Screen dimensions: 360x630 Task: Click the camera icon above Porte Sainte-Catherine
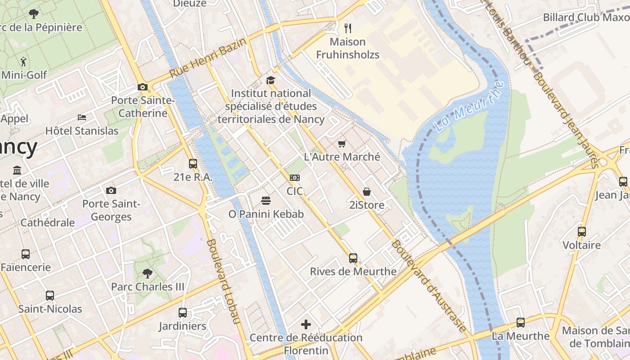pyautogui.click(x=143, y=87)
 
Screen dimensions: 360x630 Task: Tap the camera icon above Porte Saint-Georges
pyautogui.click(x=111, y=190)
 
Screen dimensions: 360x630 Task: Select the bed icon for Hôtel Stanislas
pyautogui.click(x=82, y=117)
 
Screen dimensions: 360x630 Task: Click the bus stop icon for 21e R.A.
pyautogui.click(x=193, y=164)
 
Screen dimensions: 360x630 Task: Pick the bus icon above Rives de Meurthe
pyautogui.click(x=353, y=258)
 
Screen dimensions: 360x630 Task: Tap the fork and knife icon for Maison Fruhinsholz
pyautogui.click(x=347, y=28)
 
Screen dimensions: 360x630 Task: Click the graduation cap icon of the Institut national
pyautogui.click(x=270, y=80)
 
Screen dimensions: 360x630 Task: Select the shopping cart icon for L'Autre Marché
pyautogui.click(x=342, y=144)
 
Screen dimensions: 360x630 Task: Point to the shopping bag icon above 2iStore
pyautogui.click(x=367, y=192)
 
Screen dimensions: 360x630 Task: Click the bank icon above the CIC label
pyautogui.click(x=295, y=178)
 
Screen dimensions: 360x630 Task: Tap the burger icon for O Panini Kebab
pyautogui.click(x=266, y=201)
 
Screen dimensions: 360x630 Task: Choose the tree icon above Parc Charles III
pyautogui.click(x=147, y=273)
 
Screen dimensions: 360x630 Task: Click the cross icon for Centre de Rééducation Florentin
pyautogui.click(x=306, y=324)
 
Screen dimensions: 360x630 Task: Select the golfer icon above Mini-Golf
pyautogui.click(x=23, y=61)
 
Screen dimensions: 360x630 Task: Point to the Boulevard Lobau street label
pyautogui.click(x=223, y=281)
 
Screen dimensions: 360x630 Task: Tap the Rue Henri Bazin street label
pyautogui.click(x=208, y=58)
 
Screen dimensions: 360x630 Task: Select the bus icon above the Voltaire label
pyautogui.click(x=582, y=232)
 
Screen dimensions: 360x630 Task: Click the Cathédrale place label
pyautogui.click(x=48, y=222)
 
